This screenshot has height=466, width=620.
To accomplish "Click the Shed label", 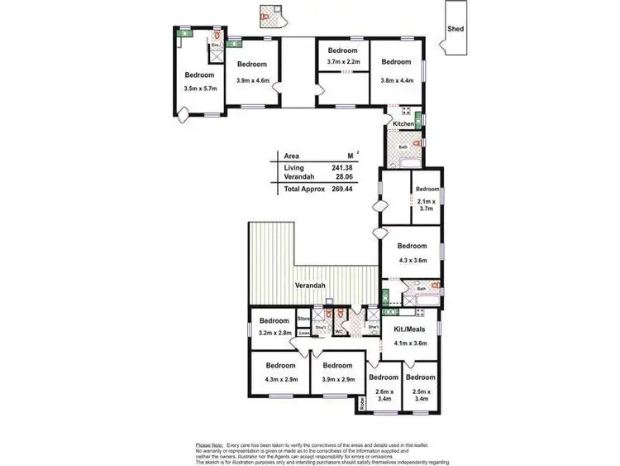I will coord(455,29).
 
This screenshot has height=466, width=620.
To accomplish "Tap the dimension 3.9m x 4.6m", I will coord(253,80).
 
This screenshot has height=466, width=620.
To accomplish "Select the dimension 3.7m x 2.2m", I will coord(344,62).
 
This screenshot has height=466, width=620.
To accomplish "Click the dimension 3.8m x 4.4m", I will coord(396,80).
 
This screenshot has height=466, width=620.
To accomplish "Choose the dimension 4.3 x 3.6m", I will coord(412,261).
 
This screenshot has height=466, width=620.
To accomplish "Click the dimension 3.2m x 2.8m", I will coord(274,333).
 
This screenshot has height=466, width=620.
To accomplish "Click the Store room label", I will coord(303,317).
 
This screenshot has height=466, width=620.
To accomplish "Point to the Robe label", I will coord(361,405).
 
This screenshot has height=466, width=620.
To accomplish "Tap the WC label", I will coord(339,331).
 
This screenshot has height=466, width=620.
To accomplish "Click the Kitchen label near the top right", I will coord(403,124).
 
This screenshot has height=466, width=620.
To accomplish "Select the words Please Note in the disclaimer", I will coord(209,444).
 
